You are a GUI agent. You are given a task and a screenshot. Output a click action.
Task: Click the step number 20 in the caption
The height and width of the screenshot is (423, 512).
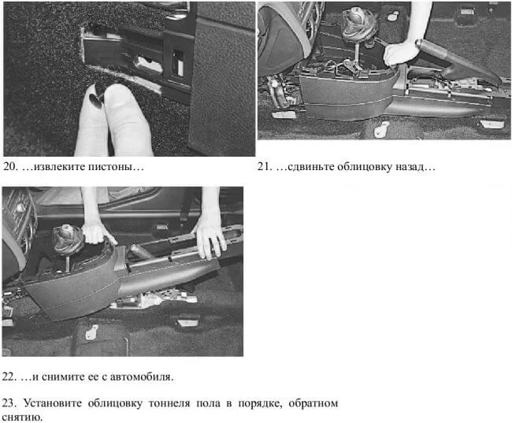coord(9,166)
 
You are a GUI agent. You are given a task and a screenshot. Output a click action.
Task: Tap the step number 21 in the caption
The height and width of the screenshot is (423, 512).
coord(264,166)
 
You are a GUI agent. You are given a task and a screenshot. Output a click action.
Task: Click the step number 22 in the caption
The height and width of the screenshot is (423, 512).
coord(9,377)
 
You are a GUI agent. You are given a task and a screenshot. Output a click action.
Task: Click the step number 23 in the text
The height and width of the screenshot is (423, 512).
coord(9,403)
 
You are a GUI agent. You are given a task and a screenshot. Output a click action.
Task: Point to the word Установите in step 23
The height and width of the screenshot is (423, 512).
coord(53,403)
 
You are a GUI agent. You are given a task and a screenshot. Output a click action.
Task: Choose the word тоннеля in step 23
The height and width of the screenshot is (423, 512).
coord(169,403)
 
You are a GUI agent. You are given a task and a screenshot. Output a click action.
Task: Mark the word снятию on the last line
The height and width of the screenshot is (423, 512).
coord(21,417)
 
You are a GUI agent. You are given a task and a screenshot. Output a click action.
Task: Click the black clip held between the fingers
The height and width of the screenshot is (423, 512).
coord(98,96)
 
